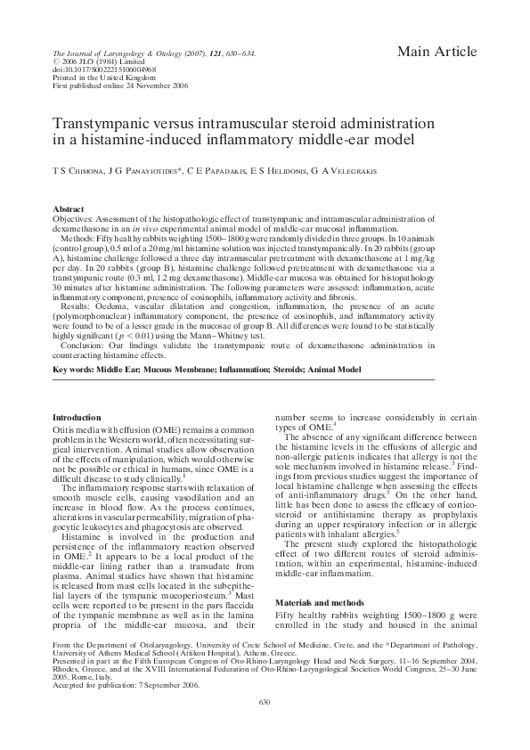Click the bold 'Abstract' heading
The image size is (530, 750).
point(69,206)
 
